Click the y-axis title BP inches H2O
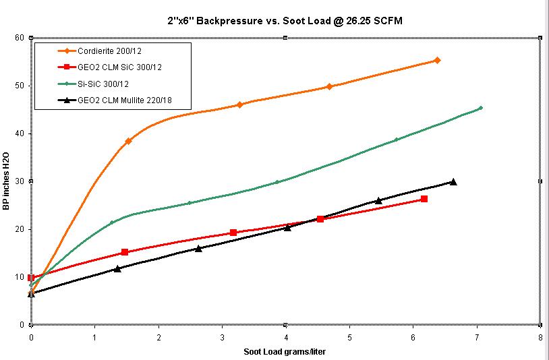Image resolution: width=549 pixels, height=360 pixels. click(x=7, y=181)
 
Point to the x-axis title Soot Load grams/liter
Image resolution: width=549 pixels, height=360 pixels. click(x=285, y=351)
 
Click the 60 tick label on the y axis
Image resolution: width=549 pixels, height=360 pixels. click(x=21, y=38)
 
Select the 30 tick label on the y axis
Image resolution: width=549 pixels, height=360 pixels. click(x=21, y=181)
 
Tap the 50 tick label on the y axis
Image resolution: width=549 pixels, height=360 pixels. click(x=21, y=86)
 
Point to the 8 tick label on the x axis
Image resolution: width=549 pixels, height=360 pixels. click(x=540, y=336)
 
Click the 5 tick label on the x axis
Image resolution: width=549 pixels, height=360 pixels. click(x=349, y=336)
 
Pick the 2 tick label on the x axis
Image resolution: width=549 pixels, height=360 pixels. click(x=158, y=336)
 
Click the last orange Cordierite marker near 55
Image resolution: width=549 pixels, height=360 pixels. click(x=437, y=61)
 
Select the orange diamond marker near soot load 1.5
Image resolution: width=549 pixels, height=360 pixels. click(x=128, y=141)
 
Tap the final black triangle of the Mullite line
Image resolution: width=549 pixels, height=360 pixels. click(x=453, y=181)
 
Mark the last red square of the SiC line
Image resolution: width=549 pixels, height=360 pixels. click(x=424, y=199)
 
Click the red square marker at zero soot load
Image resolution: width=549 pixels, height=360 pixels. click(x=32, y=278)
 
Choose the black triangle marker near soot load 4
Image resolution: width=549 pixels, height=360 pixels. click(x=287, y=227)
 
